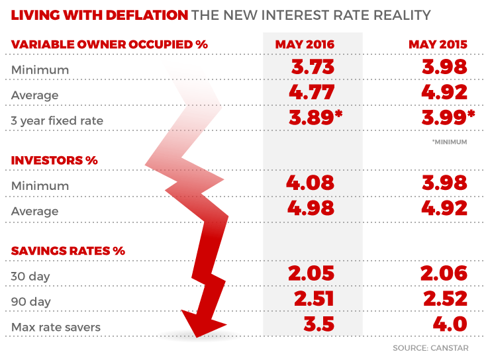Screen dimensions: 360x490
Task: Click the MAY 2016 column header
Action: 305,45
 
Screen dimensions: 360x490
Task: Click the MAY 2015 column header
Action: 438,45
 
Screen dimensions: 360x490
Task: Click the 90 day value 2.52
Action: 444,298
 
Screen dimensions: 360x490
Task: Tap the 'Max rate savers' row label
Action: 53,327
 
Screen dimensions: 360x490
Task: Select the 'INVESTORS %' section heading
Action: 54,161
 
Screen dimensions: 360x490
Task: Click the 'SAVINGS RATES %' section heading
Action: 68,251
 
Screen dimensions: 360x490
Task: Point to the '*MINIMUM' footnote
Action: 450,142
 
